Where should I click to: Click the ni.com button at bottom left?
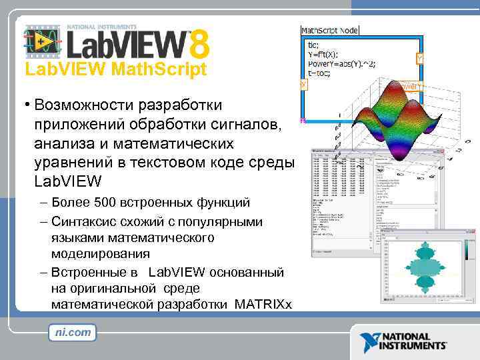pyautogui.click(x=72, y=332)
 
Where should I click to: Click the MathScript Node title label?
pyautogui.click(x=329, y=30)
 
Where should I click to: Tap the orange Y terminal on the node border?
pyautogui.click(x=419, y=59)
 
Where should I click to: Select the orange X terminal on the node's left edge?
pyautogui.click(x=303, y=85)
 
